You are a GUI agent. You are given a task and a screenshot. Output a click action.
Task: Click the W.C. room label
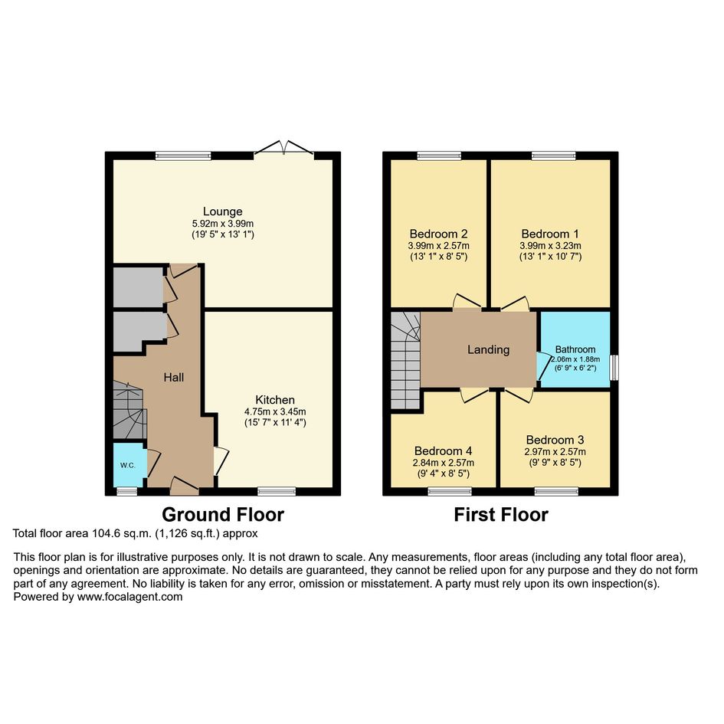click(128, 466)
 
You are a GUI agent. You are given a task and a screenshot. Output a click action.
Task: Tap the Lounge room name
click(222, 211)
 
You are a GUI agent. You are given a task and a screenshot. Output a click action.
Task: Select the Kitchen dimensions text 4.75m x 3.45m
click(275, 411)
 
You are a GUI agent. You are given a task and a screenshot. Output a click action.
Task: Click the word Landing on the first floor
click(489, 350)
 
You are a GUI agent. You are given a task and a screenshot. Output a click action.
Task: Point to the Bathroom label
click(575, 349)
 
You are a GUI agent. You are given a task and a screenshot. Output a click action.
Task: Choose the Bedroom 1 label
click(550, 234)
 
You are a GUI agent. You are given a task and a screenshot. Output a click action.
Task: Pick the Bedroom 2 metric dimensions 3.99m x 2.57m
click(439, 246)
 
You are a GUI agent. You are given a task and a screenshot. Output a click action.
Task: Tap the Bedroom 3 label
click(555, 440)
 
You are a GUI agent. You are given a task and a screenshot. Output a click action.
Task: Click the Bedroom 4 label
click(444, 450)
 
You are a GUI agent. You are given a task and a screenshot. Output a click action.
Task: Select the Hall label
click(174, 377)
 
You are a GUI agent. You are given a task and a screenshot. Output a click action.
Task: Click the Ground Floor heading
click(223, 514)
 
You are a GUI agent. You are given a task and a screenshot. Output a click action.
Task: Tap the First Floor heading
click(501, 514)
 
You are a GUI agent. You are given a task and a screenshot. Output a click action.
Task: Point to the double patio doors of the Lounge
click(284, 148)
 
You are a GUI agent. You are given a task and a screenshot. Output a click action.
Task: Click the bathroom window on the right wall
click(614, 368)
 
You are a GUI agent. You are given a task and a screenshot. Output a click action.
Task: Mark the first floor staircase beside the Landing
click(405, 360)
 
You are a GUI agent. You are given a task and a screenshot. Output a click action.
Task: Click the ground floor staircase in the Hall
click(129, 410)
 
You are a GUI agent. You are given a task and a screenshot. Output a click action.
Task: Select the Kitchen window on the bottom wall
click(277, 491)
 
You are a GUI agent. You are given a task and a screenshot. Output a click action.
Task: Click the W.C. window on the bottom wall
click(127, 491)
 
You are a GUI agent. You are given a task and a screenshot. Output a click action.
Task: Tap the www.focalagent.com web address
click(129, 597)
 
